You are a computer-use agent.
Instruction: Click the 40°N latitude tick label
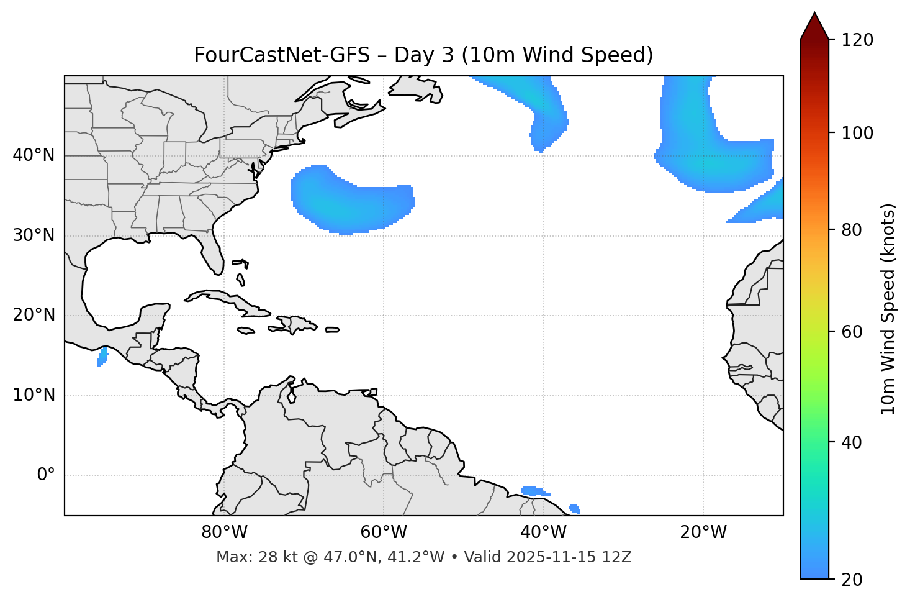pos(34,155)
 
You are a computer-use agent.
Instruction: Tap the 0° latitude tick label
pos(46,475)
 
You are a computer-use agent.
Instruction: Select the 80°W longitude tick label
pos(224,532)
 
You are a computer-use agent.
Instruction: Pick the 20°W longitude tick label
pos(703,532)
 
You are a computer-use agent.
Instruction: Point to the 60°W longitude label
pos(384,532)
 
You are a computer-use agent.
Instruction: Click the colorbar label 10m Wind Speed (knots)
pos(888,309)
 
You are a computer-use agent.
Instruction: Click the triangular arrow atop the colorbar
pos(814,27)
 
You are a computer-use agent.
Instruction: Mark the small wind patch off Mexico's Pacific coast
pos(103,357)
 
